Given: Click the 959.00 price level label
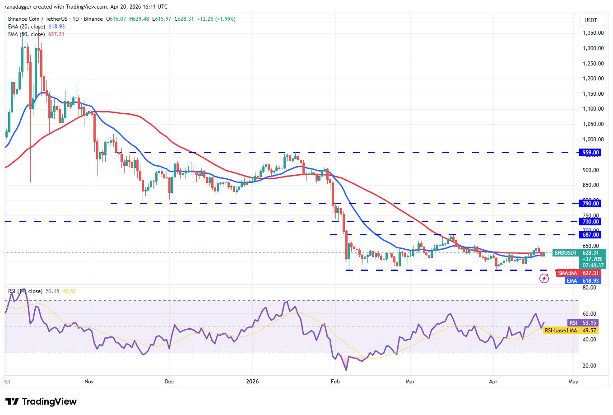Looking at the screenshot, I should point(590,153).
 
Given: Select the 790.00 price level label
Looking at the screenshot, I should point(590,204).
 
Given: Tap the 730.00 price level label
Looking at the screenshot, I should point(590,222).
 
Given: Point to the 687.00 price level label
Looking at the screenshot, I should point(590,235).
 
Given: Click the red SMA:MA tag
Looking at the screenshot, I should point(567,273).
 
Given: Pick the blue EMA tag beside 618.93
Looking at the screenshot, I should point(571,281).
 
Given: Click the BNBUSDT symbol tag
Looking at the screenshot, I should point(566,253).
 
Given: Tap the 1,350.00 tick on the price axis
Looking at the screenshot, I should point(593,33).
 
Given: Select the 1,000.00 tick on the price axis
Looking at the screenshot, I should point(593,140).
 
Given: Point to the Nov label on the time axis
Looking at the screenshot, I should point(89,382).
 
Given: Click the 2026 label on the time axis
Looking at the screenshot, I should point(252,382).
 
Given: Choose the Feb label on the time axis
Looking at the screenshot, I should point(335,382).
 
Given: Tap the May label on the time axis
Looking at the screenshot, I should point(573,382).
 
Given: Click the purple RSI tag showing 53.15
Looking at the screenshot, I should point(573,323).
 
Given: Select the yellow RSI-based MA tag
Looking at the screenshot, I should point(561,331).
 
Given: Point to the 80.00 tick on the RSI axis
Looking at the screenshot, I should point(590,288).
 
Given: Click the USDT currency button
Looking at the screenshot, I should point(590,20).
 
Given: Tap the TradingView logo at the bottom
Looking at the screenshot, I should point(41,401).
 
